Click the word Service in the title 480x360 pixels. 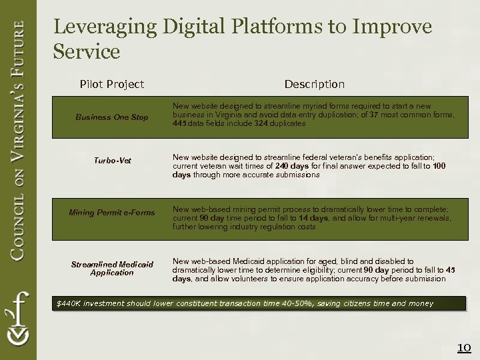click(87, 51)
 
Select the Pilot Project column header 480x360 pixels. click(111, 84)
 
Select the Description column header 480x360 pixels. click(314, 84)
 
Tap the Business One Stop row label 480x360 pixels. click(111, 117)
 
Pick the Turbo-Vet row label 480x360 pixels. click(111, 161)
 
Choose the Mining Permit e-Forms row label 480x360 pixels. click(111, 213)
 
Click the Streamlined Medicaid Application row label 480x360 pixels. click(111, 269)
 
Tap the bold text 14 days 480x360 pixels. click(313, 219)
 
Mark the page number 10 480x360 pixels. click(463, 347)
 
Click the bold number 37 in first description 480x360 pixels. click(375, 115)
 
